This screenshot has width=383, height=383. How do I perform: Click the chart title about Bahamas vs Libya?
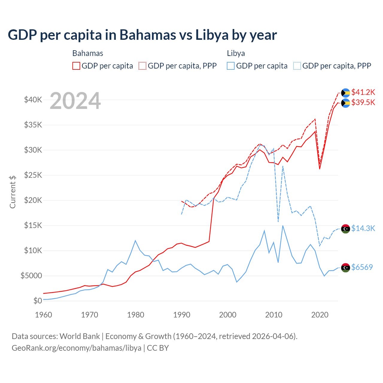[x=142, y=35]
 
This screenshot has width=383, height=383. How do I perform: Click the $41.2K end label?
[x=363, y=92]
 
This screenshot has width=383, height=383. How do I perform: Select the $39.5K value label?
[x=363, y=102]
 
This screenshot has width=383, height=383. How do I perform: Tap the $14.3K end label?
[x=363, y=228]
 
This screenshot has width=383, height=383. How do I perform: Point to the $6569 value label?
[x=362, y=267]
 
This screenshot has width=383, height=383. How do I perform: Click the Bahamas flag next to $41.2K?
[x=346, y=93]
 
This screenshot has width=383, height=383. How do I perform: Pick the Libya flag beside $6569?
[x=346, y=268]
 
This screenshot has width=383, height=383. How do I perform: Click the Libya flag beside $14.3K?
[x=346, y=229]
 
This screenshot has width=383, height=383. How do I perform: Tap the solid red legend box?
[x=76, y=66]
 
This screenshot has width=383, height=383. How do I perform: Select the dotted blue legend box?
[x=297, y=66]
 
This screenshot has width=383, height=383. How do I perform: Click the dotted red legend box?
[x=142, y=66]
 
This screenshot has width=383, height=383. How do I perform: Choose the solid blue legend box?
[x=231, y=66]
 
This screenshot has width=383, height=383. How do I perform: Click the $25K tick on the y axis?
[x=33, y=175]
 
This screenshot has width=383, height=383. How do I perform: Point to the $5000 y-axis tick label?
[x=31, y=276]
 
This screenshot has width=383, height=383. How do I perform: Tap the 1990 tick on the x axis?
[x=182, y=315]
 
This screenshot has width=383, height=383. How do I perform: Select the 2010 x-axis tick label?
[x=274, y=315]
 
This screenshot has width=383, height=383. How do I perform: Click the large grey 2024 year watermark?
[x=75, y=101]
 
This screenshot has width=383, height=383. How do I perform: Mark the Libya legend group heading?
[x=236, y=53]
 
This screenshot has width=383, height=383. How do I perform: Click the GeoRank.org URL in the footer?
[x=76, y=348]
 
